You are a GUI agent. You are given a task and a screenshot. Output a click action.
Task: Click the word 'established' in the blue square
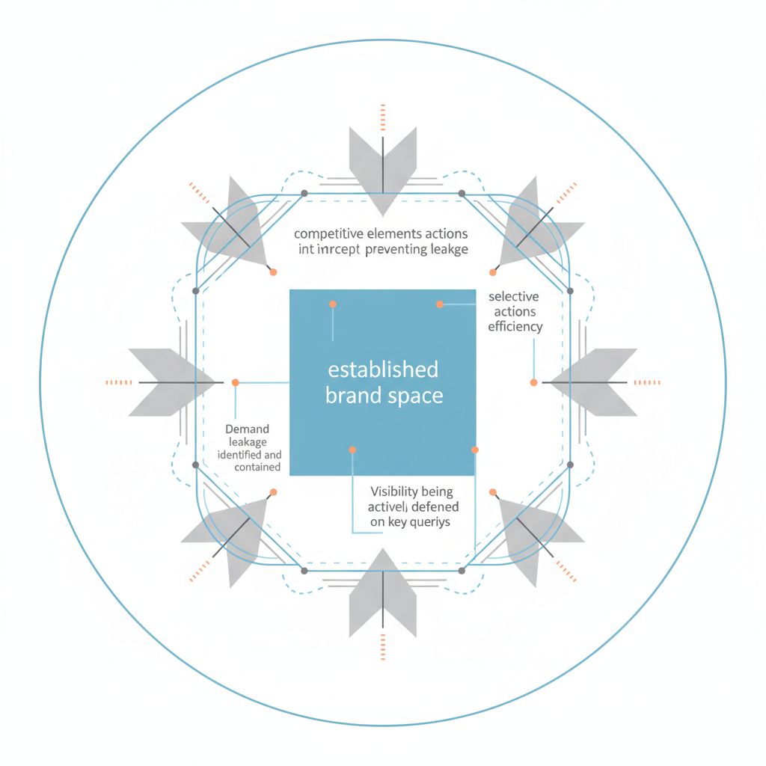coord(383,370)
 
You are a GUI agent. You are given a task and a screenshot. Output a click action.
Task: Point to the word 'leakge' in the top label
coord(446,250)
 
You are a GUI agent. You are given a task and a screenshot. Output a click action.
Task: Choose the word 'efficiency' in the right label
coord(515,326)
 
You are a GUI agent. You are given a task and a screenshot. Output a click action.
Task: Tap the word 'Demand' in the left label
coord(247,429)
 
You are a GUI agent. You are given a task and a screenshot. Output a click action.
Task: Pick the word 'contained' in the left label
coord(257,467)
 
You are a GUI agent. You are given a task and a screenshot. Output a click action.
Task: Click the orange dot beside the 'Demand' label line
coord(235,382)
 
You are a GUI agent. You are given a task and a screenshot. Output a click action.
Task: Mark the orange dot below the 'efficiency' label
coord(533,382)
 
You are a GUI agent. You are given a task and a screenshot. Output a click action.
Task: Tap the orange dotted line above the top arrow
coord(382,117)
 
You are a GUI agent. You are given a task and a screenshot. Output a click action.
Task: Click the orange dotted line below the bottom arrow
coord(382,645)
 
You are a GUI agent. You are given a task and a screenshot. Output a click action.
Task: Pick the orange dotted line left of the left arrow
coord(118,382)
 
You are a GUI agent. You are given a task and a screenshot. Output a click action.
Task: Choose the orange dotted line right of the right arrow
coord(646,382)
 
